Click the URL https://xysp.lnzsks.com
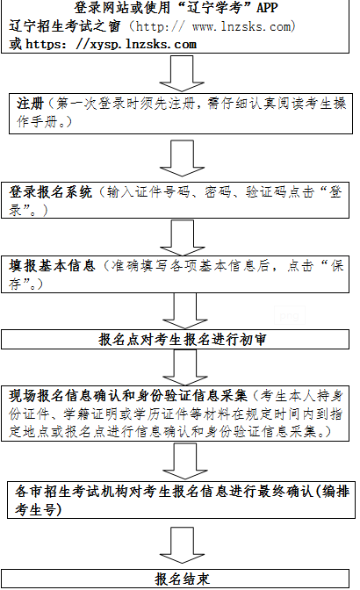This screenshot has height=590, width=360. coord(112,45)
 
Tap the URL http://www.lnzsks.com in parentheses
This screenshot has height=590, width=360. coord(213,26)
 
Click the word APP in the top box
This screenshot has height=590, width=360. coord(267,8)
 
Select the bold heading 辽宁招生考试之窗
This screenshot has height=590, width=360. coord(65,26)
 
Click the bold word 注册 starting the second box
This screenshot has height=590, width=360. coord(30,104)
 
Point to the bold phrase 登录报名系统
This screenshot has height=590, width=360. coord(50,192)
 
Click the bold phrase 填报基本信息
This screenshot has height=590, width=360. coord(52,266)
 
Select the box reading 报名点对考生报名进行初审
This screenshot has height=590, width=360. coord(176,340)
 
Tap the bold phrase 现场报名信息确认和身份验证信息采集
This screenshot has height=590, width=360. coord(128,396)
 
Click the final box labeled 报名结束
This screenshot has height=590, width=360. coord(176,579)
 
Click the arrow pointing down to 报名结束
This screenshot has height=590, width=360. coord(182,545)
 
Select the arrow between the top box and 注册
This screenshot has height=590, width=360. coord(182,74)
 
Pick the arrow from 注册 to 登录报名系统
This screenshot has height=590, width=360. coord(182,158)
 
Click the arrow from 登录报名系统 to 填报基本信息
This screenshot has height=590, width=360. coord(183,238)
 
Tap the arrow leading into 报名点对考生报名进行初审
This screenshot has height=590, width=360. coord(185,311)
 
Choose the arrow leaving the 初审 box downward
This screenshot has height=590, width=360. coord(185,367)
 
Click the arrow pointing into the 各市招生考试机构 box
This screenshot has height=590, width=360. coord(185,461)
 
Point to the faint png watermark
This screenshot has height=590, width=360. coord(289,316)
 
